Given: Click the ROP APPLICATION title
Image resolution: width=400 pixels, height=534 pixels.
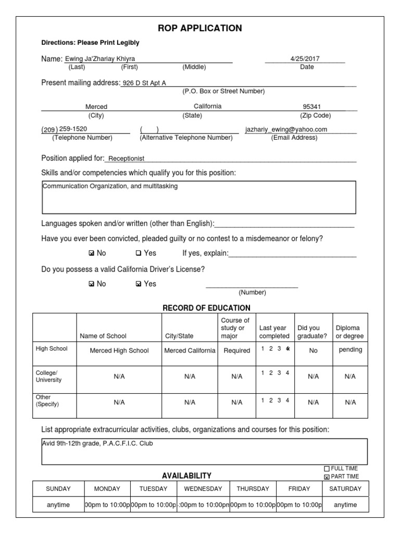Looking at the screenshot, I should (x=200, y=28).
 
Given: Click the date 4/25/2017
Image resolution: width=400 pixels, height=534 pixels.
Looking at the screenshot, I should (x=306, y=59).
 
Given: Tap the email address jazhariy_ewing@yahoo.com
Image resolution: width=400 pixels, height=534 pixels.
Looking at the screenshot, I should (x=286, y=129).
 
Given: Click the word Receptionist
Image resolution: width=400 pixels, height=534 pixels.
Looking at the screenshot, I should (x=126, y=159).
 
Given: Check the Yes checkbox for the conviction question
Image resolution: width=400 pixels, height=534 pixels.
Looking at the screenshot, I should (x=138, y=253).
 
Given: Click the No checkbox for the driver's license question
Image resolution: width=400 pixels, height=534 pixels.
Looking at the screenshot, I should (x=92, y=284).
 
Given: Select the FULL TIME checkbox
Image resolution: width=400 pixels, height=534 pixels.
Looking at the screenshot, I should (x=327, y=469).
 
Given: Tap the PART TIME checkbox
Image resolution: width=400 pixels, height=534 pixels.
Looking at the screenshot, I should (x=327, y=477).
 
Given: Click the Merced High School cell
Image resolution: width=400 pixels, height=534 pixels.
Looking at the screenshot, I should (x=119, y=351).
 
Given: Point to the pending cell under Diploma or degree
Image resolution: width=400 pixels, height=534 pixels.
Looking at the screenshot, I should (x=350, y=350).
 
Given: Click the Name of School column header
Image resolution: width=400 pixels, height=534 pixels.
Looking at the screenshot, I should (x=103, y=336).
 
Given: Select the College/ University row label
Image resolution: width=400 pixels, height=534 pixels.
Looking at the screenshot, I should (x=48, y=377).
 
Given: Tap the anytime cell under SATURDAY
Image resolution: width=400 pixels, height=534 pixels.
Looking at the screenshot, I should (x=345, y=505).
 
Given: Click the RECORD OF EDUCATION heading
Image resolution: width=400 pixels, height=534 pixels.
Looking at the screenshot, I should (x=206, y=308).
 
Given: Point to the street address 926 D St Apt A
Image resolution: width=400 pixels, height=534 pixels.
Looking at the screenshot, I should (x=144, y=83).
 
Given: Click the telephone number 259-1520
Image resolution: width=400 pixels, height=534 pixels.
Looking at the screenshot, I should (x=73, y=129).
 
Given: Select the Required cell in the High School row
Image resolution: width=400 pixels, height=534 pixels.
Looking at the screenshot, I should (x=236, y=351).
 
